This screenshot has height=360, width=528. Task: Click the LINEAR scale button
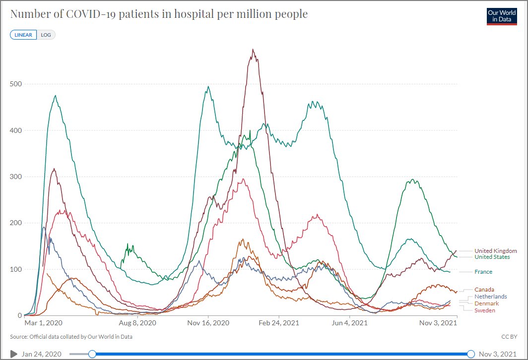tap(23, 35)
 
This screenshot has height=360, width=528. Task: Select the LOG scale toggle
tap(46, 35)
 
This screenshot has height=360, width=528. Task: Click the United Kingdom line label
tap(495, 251)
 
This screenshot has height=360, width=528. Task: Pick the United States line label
tap(492, 257)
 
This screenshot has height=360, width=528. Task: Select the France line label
tap(483, 272)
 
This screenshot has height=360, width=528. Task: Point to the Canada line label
tap(484, 290)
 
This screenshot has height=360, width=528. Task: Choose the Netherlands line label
tap(490, 297)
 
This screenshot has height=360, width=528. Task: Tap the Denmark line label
tap(486, 303)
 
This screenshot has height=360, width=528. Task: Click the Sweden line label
tap(484, 310)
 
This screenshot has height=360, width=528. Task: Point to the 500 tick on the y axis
tap(16, 84)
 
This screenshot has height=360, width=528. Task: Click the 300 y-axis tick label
tap(16, 177)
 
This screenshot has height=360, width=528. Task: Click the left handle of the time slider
tap(92, 354)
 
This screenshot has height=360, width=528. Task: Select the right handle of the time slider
tap(471, 354)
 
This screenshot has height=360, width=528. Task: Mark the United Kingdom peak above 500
tap(253, 50)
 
